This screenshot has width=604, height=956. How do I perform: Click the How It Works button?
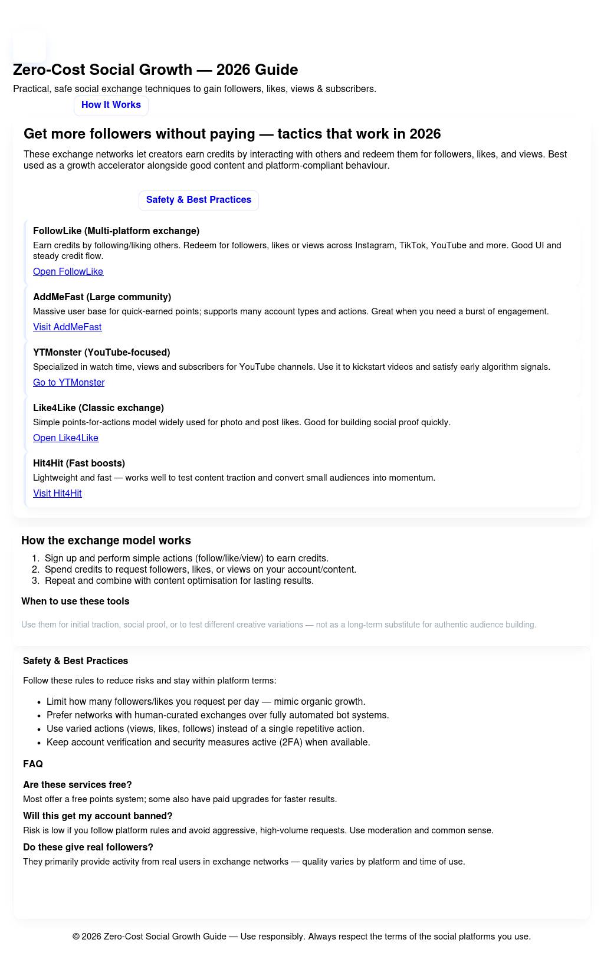click(x=111, y=105)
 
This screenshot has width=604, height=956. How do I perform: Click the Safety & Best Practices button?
click(x=198, y=200)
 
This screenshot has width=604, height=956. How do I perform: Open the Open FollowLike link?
click(x=68, y=272)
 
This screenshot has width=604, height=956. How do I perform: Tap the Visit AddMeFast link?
click(x=67, y=327)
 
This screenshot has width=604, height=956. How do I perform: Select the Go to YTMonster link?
click(x=68, y=383)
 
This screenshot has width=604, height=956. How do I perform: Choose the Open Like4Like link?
click(x=65, y=438)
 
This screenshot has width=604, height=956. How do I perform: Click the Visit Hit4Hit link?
click(x=57, y=494)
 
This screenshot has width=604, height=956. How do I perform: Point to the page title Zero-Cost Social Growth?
click(x=155, y=70)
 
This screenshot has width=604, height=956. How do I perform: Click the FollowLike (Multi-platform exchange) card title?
click(x=116, y=231)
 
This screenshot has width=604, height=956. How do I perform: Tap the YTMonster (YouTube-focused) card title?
click(x=101, y=353)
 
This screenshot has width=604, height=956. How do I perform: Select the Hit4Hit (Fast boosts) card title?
click(x=79, y=464)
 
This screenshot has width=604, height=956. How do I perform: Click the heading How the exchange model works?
click(x=106, y=541)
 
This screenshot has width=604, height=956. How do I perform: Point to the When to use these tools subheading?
click(x=75, y=602)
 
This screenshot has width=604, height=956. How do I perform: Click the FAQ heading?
click(x=33, y=764)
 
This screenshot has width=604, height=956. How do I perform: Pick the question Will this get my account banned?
click(x=98, y=816)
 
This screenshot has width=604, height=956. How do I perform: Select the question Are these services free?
click(x=77, y=785)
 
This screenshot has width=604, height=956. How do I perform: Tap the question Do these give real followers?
click(x=88, y=847)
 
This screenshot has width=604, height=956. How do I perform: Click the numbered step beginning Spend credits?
click(x=200, y=570)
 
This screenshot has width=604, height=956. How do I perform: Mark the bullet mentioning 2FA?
click(x=208, y=743)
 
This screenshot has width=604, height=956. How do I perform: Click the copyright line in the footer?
click(x=301, y=937)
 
